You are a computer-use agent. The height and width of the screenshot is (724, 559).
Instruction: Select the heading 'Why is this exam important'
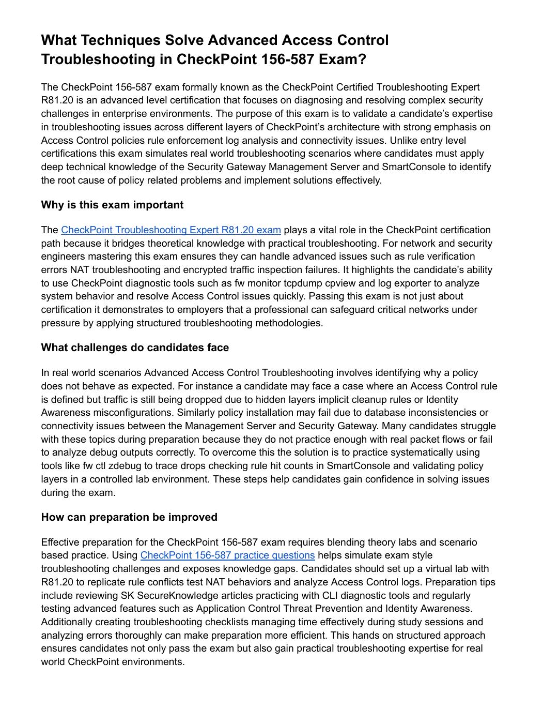point(112,205)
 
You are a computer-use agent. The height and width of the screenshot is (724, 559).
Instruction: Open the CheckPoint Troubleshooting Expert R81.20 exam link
point(170,230)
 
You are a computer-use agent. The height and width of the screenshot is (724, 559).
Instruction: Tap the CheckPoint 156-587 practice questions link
point(227,555)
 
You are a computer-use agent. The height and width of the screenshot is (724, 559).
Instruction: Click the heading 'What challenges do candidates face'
point(135,348)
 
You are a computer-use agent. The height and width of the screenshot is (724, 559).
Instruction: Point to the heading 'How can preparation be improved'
point(129,517)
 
